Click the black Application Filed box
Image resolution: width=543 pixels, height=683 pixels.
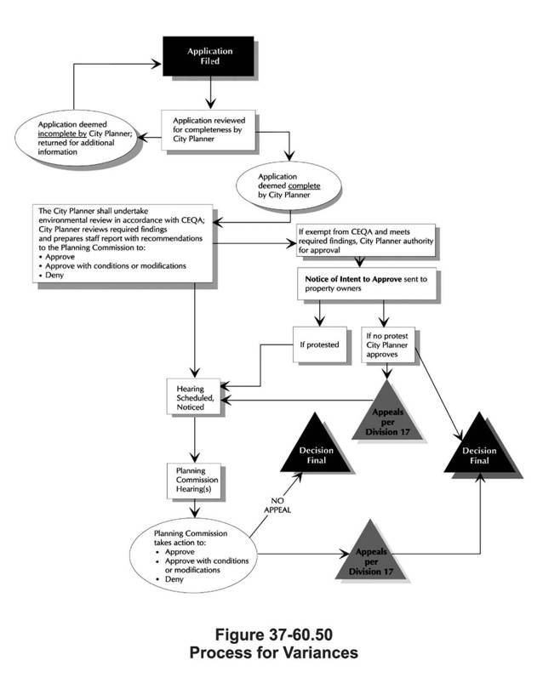tap(209, 57)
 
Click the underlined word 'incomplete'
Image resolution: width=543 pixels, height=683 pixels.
tap(64, 134)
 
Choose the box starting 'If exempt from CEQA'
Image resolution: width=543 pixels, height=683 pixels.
tap(363, 241)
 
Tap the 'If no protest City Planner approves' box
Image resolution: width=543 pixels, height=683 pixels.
tap(391, 346)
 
